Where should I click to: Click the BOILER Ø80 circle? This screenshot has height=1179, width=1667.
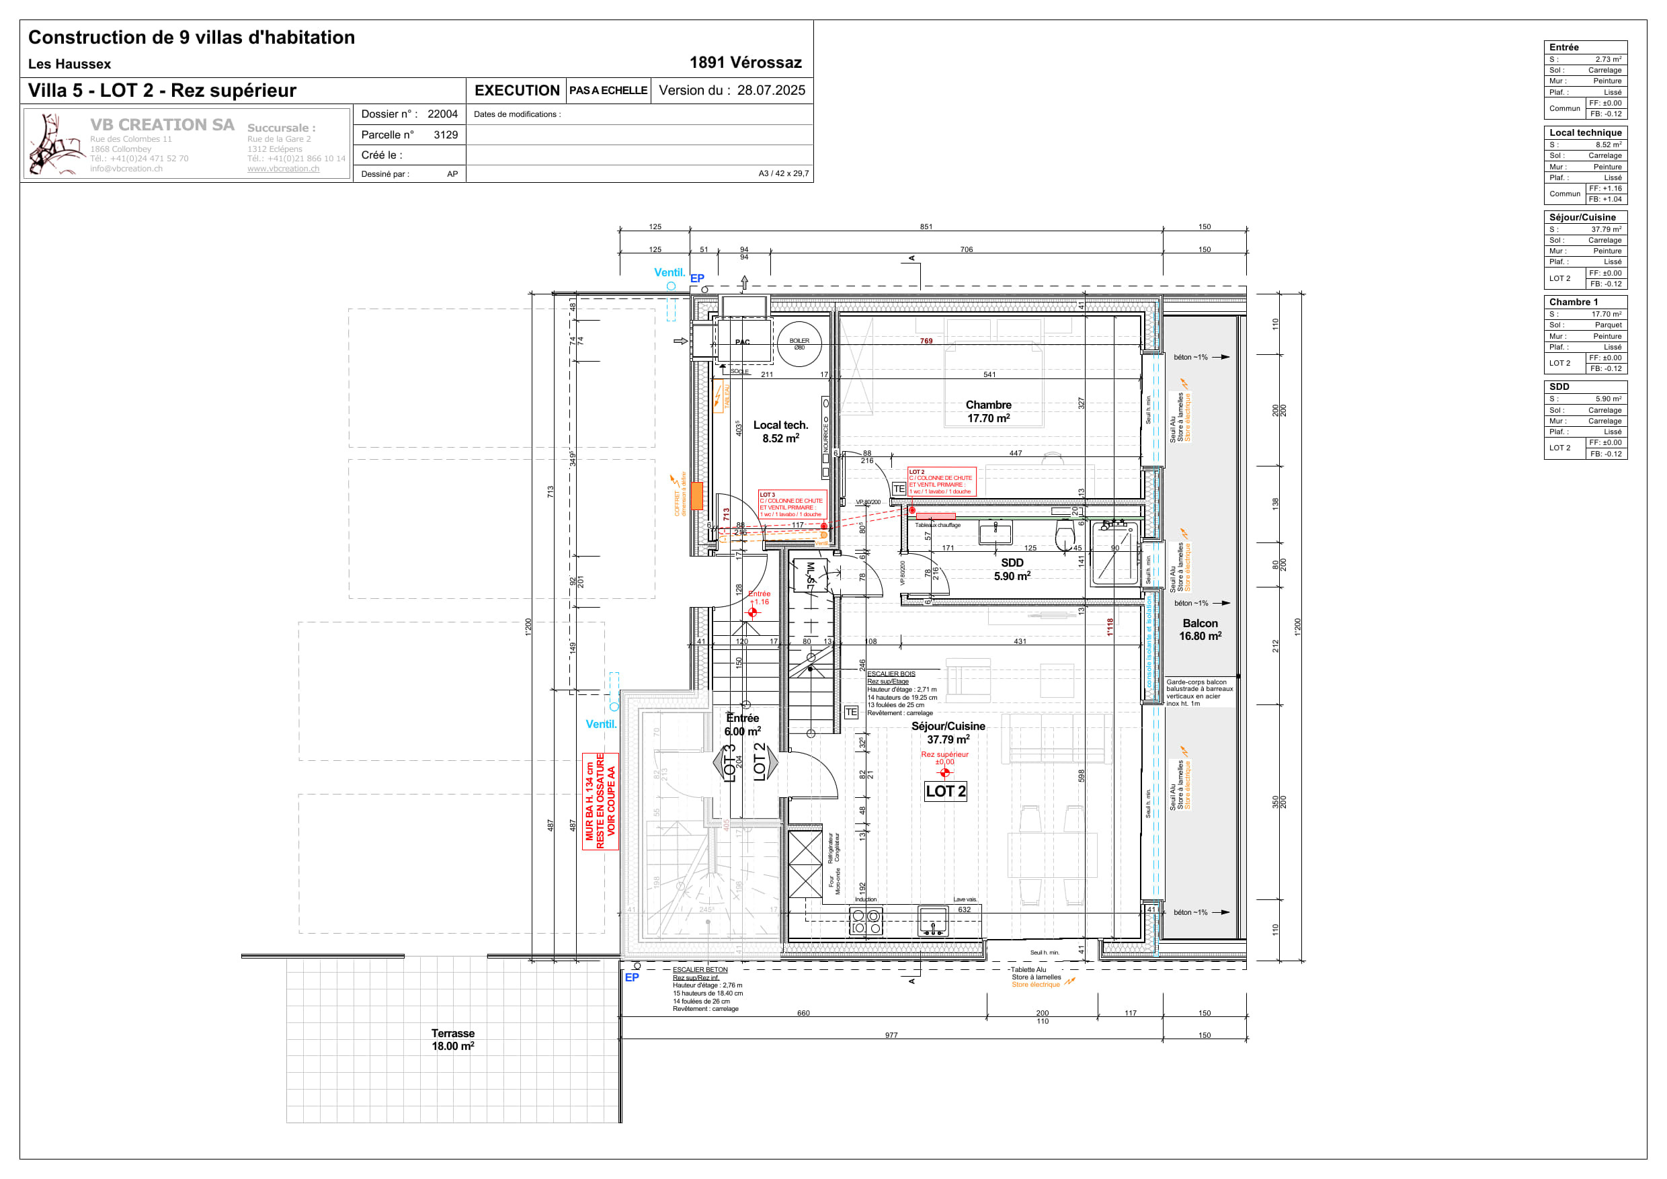coord(799,344)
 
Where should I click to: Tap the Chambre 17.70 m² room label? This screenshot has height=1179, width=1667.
coord(988,411)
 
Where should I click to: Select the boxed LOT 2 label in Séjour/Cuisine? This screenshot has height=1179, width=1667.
coord(945,791)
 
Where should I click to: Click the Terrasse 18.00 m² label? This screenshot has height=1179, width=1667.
coord(453,1040)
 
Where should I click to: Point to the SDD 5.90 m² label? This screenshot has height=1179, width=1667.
coord(1012,569)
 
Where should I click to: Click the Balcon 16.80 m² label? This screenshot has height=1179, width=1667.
coord(1200,629)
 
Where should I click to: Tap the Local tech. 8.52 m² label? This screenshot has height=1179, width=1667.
coord(780,432)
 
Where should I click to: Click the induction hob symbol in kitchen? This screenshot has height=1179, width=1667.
coord(866,922)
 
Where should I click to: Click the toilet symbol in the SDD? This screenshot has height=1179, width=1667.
coord(1064,537)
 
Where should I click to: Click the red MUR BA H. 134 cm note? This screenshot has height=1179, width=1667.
coord(600,801)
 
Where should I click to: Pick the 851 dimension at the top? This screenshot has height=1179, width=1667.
coord(926,227)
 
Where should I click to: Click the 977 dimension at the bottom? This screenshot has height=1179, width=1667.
coord(891,1035)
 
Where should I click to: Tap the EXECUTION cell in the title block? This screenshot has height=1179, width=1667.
coord(516,91)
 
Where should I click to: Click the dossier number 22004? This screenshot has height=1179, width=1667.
coord(442,114)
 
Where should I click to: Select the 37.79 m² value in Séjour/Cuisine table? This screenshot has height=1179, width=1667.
coord(1606,229)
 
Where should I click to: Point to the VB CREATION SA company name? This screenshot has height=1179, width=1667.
coord(162,125)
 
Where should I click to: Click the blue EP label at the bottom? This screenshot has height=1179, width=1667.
coord(632,977)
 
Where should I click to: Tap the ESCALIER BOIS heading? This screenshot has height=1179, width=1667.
coord(891,674)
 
